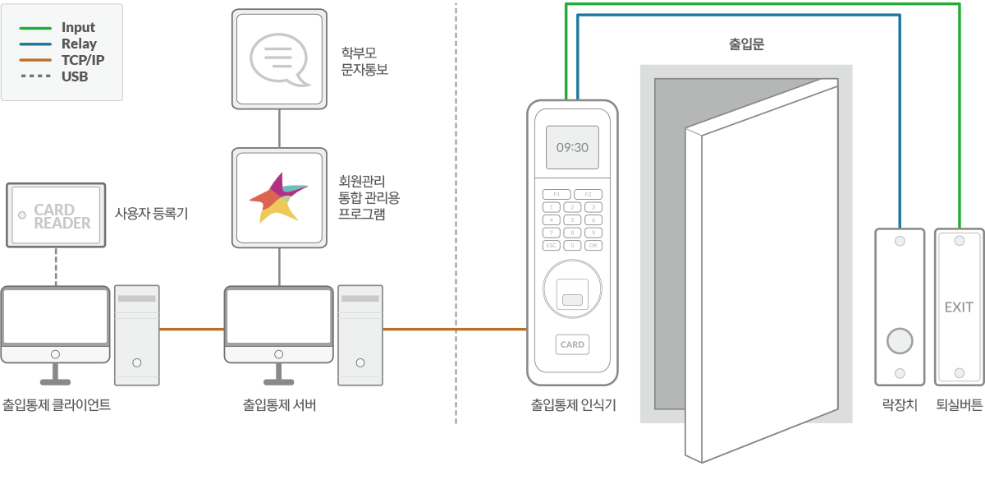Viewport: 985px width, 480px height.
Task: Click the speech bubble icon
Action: point(280,59)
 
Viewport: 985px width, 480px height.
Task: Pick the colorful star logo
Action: point(279,197)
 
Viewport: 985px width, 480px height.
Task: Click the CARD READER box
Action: point(56,215)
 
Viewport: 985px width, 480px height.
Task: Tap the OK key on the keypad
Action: point(593,245)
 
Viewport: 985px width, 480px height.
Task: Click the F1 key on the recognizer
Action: point(556,194)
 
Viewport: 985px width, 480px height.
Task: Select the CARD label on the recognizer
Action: point(572,344)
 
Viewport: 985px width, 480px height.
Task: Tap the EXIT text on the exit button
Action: point(959,307)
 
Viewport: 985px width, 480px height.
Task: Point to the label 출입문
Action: point(746,44)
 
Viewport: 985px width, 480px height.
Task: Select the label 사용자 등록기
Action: point(151,215)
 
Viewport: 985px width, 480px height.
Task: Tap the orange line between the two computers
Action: point(191,330)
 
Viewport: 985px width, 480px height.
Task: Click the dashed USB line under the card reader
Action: point(56,266)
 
